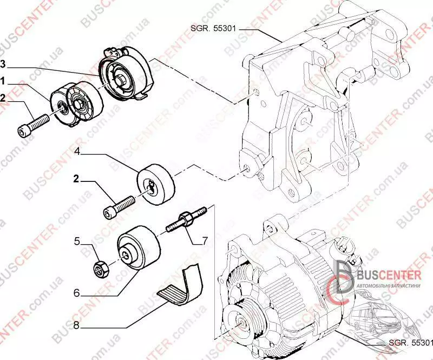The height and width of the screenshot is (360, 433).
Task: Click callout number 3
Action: click(x=4, y=64)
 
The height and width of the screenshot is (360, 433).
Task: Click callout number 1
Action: click(x=4, y=81)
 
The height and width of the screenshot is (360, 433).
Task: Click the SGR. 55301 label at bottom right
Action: click(x=410, y=343)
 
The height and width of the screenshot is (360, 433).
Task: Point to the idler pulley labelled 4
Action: click(x=156, y=185)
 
